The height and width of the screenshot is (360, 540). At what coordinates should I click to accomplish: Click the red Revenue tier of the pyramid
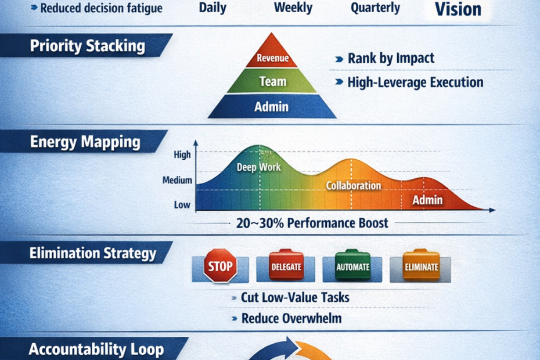click(272, 58)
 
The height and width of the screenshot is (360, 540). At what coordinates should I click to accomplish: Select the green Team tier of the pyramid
click(272, 82)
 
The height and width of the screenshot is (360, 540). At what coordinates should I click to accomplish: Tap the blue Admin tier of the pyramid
click(272, 106)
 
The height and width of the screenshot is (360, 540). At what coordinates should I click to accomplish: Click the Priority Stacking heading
click(87, 46)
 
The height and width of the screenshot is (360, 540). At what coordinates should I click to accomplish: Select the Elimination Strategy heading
click(93, 253)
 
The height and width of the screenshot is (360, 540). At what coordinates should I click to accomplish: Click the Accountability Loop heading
click(96, 349)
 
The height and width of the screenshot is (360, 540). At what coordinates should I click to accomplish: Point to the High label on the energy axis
click(182, 155)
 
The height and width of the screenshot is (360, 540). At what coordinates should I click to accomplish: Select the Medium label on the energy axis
click(177, 181)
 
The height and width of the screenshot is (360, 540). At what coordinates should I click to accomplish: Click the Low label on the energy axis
click(182, 204)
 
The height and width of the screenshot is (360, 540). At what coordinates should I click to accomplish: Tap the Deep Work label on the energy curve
click(259, 167)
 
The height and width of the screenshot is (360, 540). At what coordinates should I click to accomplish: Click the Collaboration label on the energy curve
click(354, 186)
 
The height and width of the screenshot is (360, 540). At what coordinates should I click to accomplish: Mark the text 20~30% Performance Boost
click(312, 223)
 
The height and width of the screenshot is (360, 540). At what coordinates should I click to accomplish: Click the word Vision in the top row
click(458, 9)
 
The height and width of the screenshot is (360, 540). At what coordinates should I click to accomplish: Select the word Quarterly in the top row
click(375, 8)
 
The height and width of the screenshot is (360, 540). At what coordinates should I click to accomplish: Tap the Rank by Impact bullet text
click(391, 59)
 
